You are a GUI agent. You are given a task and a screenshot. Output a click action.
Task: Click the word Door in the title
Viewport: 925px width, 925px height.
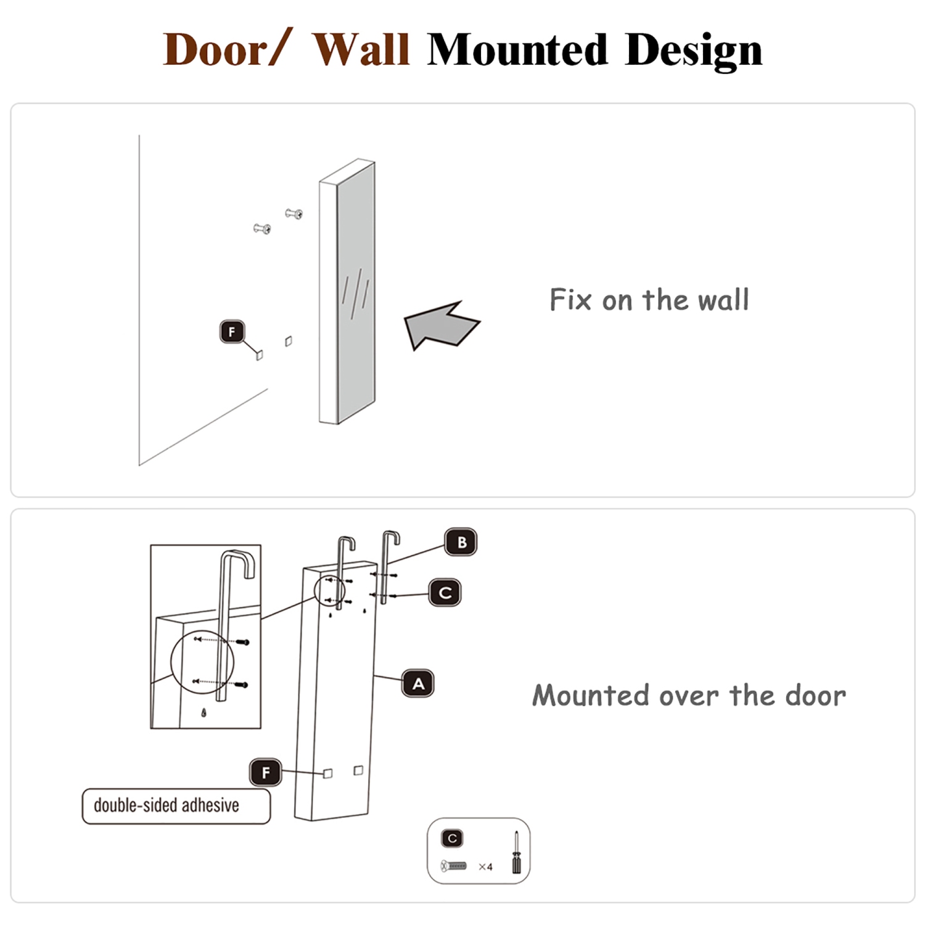coord(216,49)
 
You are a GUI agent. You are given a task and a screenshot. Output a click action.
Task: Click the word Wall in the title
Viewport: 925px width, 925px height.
coord(361,49)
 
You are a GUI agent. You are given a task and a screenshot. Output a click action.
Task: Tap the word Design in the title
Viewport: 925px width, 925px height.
coord(693,49)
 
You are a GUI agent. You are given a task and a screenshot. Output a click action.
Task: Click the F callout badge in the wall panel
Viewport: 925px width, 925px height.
coord(232,332)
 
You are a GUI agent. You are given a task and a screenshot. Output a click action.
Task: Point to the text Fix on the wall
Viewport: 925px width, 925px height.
coord(649,300)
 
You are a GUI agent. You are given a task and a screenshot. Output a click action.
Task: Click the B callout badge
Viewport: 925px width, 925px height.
coord(461,542)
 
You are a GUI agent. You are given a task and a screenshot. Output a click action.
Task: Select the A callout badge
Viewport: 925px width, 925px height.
coord(418,683)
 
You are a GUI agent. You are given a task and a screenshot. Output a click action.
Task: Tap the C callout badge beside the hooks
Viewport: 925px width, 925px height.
coord(445,593)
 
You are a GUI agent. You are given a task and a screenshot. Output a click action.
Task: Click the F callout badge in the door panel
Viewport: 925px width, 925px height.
coord(266,772)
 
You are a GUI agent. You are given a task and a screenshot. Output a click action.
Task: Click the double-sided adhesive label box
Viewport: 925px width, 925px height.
coord(176,805)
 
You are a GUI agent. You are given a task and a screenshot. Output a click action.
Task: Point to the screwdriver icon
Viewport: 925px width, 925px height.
coord(516,853)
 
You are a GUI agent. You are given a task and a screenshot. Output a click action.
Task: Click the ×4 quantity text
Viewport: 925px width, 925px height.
coord(486,867)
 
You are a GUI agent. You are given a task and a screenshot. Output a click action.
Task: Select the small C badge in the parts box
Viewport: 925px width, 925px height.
coord(452,839)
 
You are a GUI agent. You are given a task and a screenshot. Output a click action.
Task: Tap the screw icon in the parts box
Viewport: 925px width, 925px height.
coord(454,866)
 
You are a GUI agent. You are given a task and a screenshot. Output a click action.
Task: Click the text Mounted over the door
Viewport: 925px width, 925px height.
coord(689,696)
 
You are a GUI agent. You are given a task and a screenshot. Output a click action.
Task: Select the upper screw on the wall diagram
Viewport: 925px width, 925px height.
coord(294,214)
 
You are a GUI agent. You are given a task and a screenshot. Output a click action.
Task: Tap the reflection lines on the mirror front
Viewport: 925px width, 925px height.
coord(356,293)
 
